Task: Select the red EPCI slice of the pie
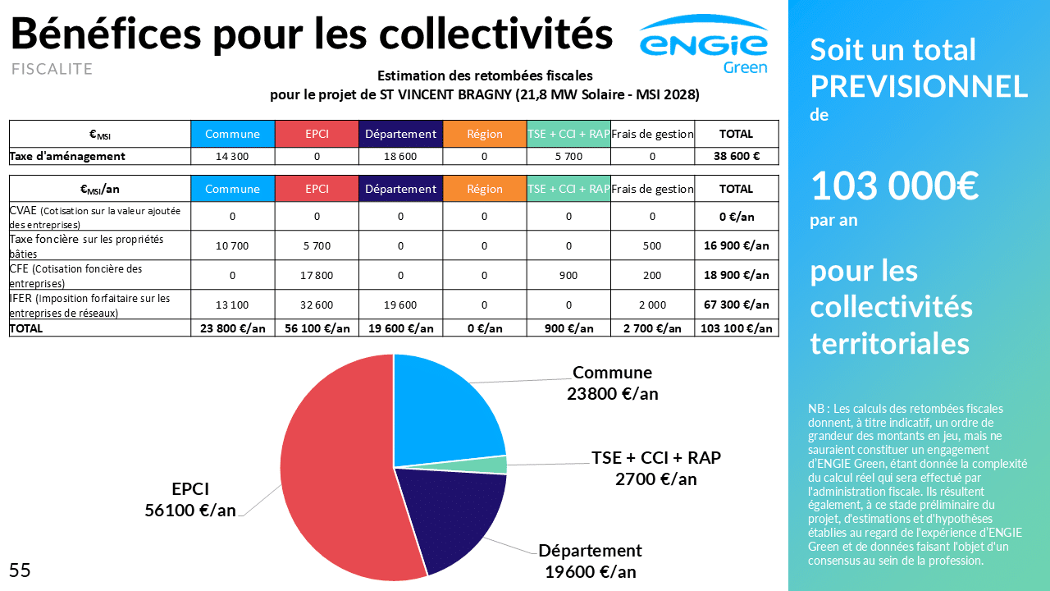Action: tap(336, 484)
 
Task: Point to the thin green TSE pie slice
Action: tap(496, 465)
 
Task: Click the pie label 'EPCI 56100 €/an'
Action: tap(189, 499)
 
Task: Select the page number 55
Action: tap(20, 570)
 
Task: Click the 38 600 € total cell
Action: tap(736, 156)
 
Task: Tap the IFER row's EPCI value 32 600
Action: tap(317, 305)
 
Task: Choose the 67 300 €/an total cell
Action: tap(736, 305)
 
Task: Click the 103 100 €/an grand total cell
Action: tap(736, 328)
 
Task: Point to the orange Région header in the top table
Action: tap(484, 134)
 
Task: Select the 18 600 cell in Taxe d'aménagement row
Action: tap(400, 156)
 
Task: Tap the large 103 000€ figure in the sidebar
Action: tap(895, 186)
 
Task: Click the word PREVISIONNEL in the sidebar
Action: tap(919, 85)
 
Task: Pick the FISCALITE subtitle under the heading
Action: tap(52, 69)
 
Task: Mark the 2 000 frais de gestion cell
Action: tap(652, 305)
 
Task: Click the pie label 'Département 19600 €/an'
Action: tap(590, 561)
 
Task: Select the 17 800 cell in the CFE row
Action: tap(317, 275)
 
